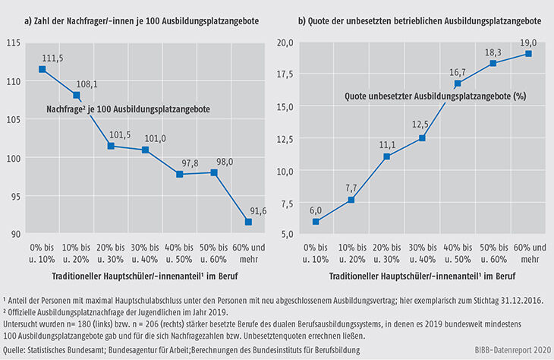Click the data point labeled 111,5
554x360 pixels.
coord(42,69)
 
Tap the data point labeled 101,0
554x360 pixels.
coord(146,150)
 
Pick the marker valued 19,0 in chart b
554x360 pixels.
coord(528,54)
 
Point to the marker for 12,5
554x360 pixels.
coord(423,138)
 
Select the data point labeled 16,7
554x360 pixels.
coord(458,84)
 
